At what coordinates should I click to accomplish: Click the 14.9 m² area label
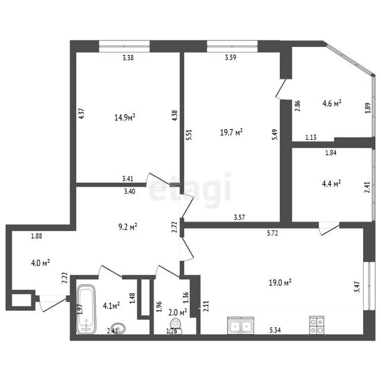[x=125, y=118]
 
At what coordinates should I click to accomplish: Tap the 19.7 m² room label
[x=232, y=132]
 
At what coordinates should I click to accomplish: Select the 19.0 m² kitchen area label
[x=280, y=283]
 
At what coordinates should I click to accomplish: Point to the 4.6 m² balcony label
[x=332, y=103]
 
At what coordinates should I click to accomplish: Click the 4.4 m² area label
[x=332, y=183]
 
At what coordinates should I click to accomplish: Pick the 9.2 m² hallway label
[x=128, y=227]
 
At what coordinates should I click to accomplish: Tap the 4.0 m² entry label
[x=40, y=263]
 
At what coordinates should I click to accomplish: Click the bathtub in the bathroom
[x=86, y=309]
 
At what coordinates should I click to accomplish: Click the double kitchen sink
[x=241, y=325]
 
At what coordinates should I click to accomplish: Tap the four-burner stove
[x=317, y=325]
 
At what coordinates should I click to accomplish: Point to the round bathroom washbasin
[x=118, y=328]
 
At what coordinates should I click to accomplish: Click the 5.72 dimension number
[x=273, y=233]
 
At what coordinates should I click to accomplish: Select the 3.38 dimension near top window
[x=128, y=58]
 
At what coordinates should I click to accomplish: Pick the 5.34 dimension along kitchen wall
[x=275, y=330]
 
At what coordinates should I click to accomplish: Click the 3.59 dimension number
[x=230, y=58]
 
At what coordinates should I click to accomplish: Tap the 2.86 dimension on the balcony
[x=298, y=106]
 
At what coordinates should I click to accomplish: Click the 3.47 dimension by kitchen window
[x=357, y=287]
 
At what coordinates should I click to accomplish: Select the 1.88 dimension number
[x=37, y=236]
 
